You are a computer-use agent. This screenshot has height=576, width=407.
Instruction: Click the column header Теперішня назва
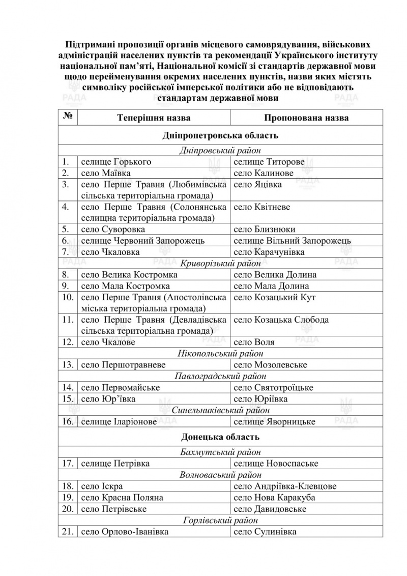[154, 118]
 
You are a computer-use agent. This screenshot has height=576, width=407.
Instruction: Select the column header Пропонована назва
[306, 118]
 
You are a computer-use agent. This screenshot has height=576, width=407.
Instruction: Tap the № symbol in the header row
[68, 117]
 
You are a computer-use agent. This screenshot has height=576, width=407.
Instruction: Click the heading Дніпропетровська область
[220, 136]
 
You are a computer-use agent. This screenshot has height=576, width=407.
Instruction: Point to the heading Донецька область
[220, 437]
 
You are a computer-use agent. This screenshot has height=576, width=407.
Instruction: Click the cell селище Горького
[116, 162]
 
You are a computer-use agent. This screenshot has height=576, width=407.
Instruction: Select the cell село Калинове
[263, 173]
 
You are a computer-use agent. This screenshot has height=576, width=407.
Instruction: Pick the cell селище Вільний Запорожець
[292, 241]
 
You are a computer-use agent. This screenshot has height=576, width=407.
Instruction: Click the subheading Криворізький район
[220, 264]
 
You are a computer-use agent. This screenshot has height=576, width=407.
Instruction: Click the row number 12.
[68, 342]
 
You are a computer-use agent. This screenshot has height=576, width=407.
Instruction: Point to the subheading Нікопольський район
[220, 354]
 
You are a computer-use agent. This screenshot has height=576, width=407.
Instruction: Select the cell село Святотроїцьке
[273, 388]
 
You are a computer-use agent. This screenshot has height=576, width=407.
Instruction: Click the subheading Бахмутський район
[220, 452]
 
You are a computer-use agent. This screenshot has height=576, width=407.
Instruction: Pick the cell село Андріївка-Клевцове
[285, 486]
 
